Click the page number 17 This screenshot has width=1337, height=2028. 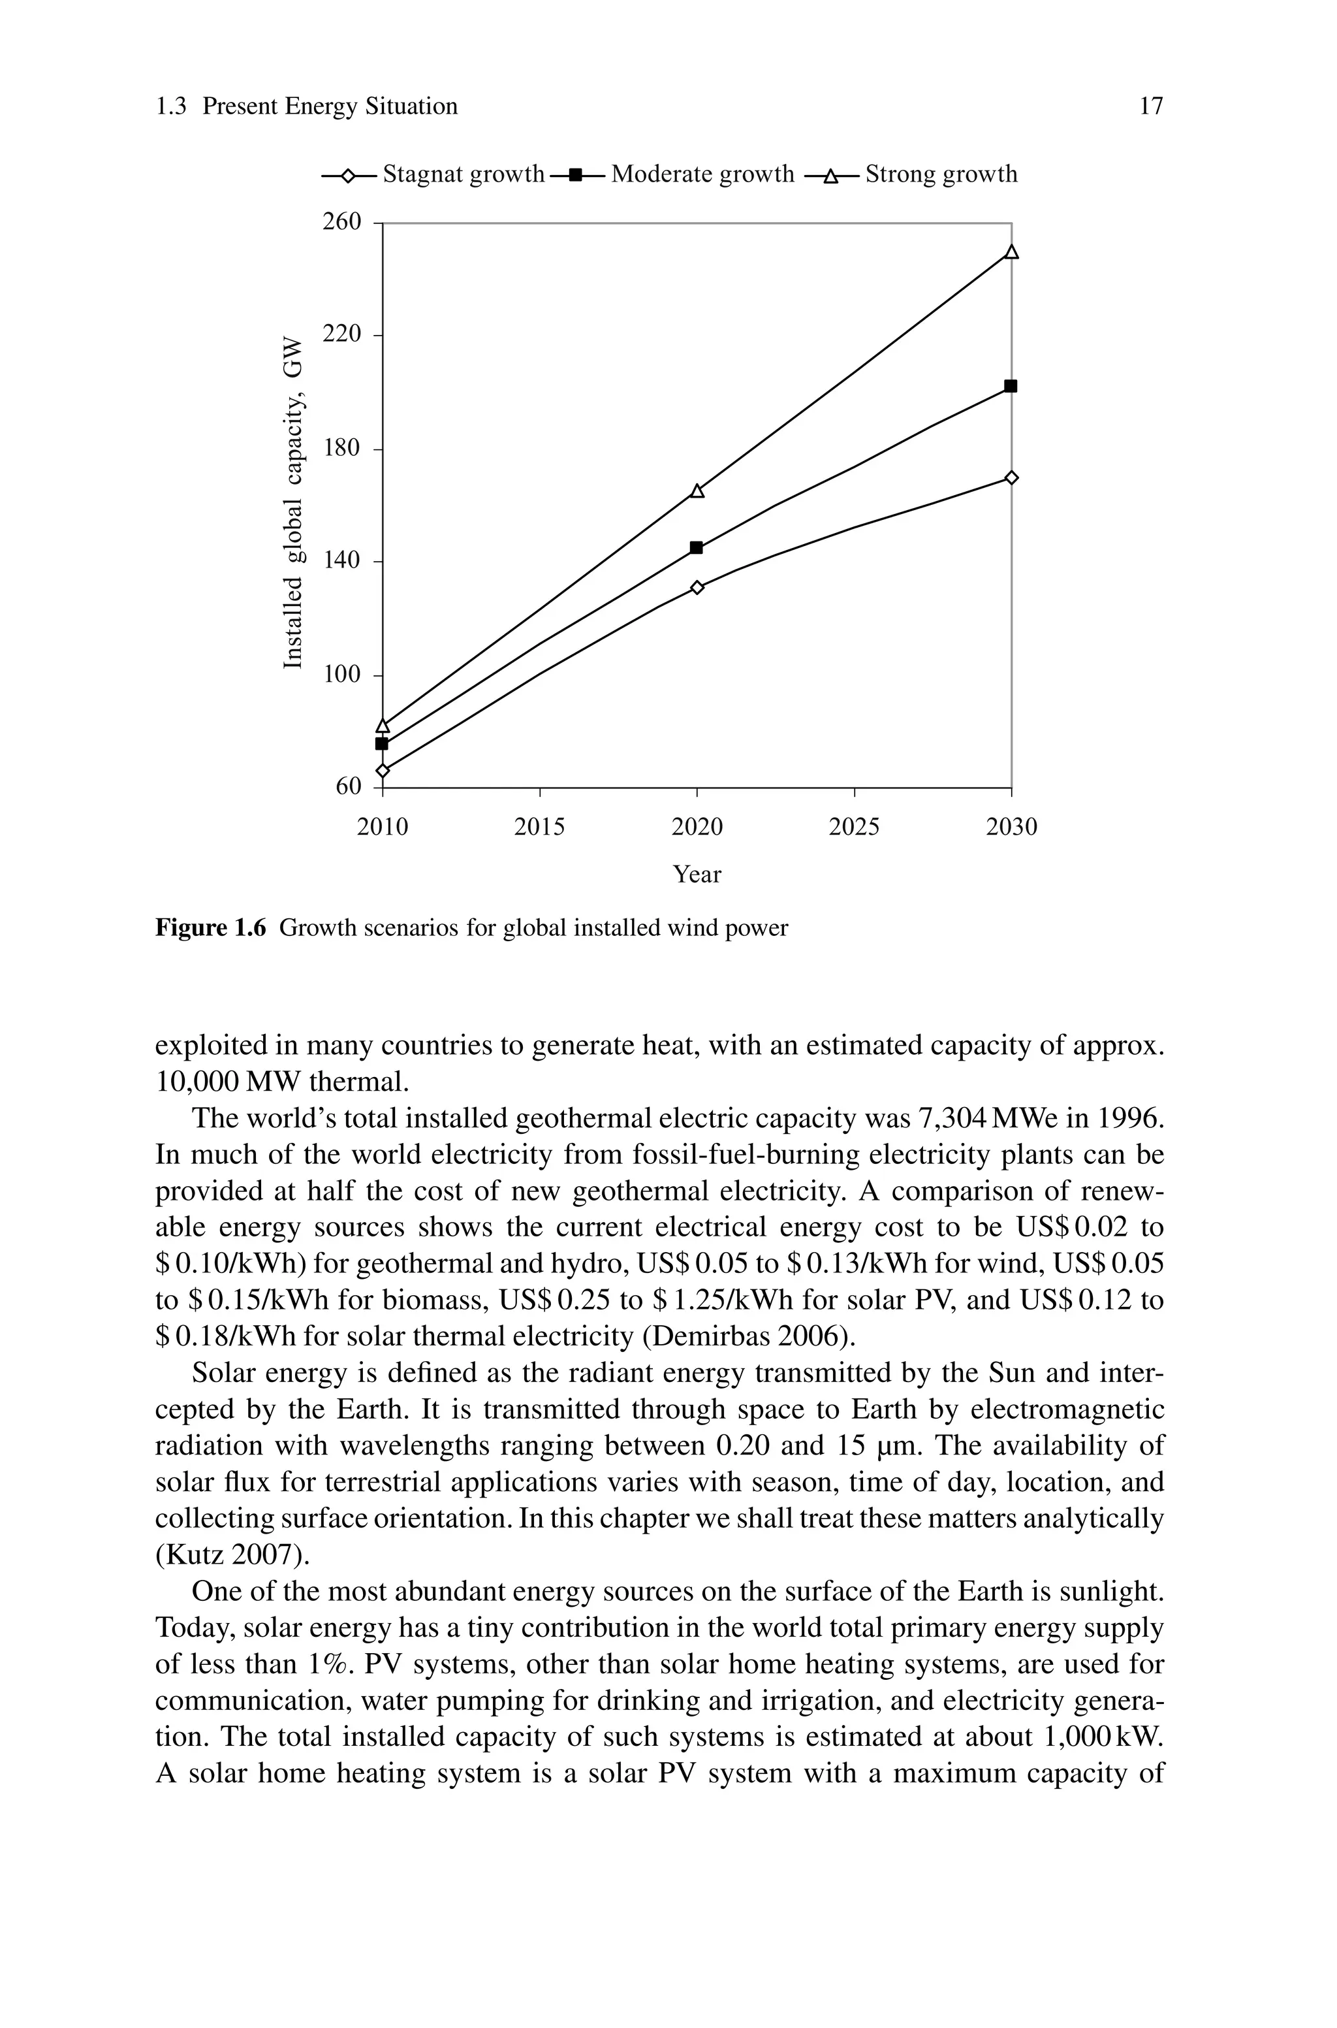[x=1151, y=106]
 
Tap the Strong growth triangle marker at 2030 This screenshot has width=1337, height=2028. [x=1011, y=252]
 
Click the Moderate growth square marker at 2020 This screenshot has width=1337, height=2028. [x=697, y=547]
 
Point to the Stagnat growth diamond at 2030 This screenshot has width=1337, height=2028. [x=1011, y=477]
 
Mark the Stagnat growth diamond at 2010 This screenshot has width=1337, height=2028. [x=383, y=771]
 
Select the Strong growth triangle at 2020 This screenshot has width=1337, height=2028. [x=697, y=491]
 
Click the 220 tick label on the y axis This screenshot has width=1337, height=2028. [x=342, y=334]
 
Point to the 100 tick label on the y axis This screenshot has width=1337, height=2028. [x=342, y=675]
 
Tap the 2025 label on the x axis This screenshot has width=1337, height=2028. [x=855, y=828]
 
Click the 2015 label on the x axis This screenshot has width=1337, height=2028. [x=540, y=828]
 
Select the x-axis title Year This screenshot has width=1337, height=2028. [x=697, y=874]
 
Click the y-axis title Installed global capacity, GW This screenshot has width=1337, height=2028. [x=292, y=503]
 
